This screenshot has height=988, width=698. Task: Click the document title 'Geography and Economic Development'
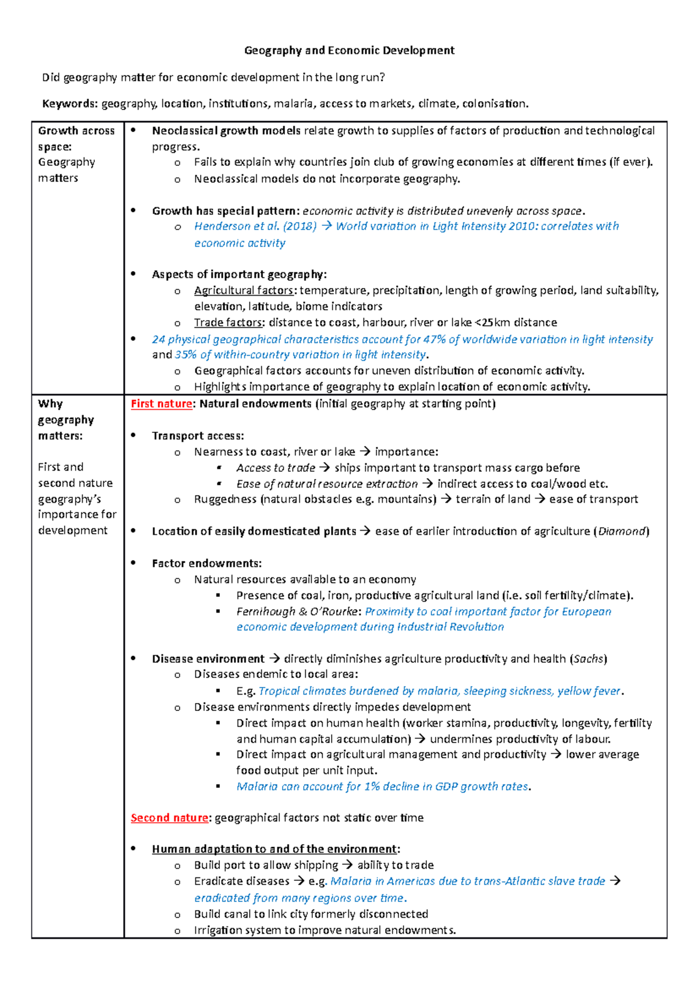[x=349, y=51]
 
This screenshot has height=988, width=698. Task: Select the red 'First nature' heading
[x=161, y=404]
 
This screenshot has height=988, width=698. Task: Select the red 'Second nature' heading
[x=169, y=818]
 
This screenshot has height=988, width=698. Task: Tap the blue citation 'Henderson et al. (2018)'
[x=255, y=226]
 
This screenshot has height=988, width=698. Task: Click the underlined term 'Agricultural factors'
[x=244, y=290]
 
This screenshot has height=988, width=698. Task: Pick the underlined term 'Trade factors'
[x=228, y=322]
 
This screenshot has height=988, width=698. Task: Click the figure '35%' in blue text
[x=186, y=355]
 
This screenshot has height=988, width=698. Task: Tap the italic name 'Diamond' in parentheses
[x=621, y=531]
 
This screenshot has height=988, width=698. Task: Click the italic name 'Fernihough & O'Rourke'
[x=297, y=612]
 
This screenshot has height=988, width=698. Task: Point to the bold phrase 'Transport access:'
[x=198, y=436]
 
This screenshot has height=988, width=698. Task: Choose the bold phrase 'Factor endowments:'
[x=206, y=563]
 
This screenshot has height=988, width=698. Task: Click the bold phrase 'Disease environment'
[x=208, y=659]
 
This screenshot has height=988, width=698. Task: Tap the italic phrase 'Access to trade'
[x=276, y=468]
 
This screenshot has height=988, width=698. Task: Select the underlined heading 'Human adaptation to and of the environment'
[x=274, y=850]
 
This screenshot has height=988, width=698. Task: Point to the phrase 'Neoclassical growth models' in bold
[x=226, y=131]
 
